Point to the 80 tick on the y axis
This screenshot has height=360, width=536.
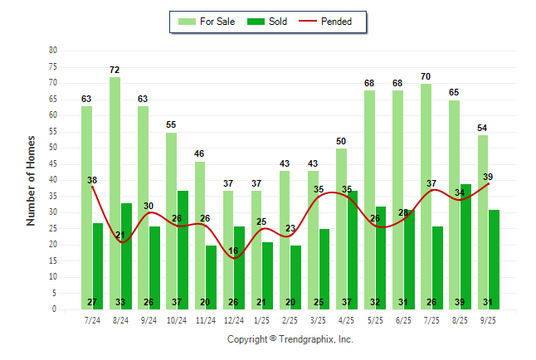[x=53, y=50]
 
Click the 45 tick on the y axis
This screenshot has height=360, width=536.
[x=53, y=163]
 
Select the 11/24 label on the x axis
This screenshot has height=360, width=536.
[x=205, y=319]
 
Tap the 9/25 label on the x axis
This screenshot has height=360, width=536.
[x=488, y=319]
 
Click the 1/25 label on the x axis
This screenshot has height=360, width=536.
[x=261, y=319]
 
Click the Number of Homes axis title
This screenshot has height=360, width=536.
[x=32, y=180]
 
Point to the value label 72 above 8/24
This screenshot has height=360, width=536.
[x=115, y=70]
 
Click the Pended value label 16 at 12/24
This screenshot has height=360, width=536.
[x=233, y=251]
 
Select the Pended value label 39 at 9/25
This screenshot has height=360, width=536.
[x=488, y=177]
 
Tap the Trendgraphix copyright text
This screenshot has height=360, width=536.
[x=290, y=339]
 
